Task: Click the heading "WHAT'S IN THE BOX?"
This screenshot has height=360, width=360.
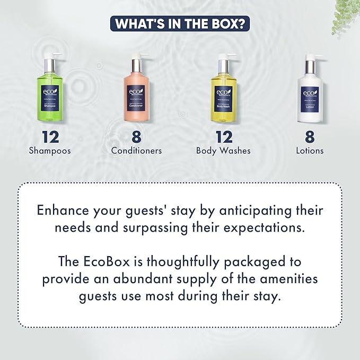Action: (180, 24)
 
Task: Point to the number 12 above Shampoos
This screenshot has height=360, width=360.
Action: (50, 136)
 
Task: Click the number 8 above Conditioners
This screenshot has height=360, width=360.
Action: (136, 136)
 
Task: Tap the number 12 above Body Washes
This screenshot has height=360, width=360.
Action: (223, 136)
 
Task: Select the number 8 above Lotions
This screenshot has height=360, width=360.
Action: (310, 136)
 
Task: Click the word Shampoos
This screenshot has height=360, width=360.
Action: (50, 151)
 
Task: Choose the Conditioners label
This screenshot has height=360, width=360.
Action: (136, 151)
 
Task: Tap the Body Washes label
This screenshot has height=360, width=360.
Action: (223, 151)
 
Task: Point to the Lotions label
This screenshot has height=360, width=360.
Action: (310, 151)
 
